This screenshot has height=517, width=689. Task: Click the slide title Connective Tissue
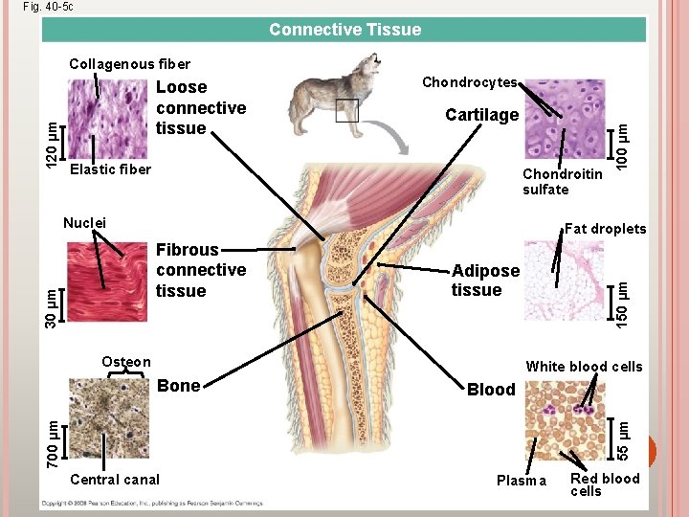coord(344,30)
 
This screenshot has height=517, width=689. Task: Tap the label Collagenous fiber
coord(129,64)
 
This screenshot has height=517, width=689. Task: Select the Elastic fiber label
coord(111,169)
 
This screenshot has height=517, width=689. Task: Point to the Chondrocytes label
coord(470,83)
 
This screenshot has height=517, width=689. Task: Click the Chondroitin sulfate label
coord(562,181)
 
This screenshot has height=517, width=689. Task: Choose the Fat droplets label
coord(605,229)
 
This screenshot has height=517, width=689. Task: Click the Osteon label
coord(126,362)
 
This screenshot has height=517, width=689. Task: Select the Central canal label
coord(115,480)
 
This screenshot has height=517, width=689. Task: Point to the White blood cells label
coord(584,367)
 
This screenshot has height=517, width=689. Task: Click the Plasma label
coord(521,481)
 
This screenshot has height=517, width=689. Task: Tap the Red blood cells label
coord(605,484)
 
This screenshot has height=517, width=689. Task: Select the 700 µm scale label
coord(55,433)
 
